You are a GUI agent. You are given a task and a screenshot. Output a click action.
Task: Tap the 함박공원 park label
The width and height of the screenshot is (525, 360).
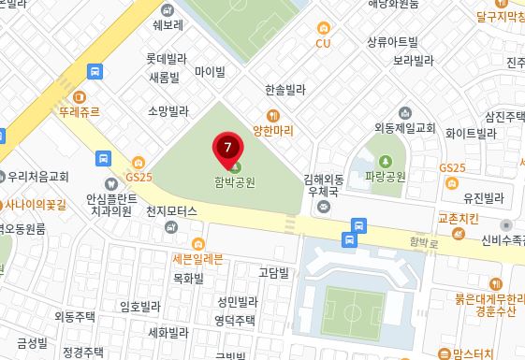coord(234,182)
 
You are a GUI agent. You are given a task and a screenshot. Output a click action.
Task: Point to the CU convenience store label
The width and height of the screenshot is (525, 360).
coord(324,43)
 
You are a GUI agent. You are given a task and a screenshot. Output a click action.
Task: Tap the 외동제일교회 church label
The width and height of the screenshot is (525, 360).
coord(405,126)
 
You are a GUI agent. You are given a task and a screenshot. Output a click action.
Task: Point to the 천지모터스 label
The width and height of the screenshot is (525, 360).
coord(172,212)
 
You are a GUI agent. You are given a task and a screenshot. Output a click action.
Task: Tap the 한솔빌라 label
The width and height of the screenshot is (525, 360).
coord(285,90)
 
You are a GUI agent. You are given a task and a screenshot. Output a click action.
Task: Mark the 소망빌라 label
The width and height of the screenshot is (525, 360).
coord(168,109)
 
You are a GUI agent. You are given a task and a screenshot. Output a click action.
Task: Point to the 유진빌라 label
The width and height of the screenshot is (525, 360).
coord(483,198)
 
